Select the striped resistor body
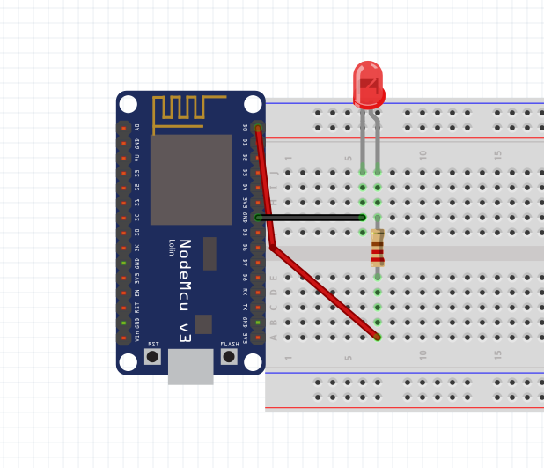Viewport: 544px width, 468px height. pos(378,248)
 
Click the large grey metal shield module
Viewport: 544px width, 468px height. pos(191,180)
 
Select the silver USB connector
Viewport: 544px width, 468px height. pos(191,366)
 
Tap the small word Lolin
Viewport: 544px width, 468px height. pos(172,247)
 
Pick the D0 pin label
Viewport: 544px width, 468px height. pos(246,128)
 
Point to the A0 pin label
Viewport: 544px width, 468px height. pos(137,128)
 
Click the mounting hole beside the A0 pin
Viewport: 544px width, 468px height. pos(129,104)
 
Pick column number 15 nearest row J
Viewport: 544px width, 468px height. pos(498,154)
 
